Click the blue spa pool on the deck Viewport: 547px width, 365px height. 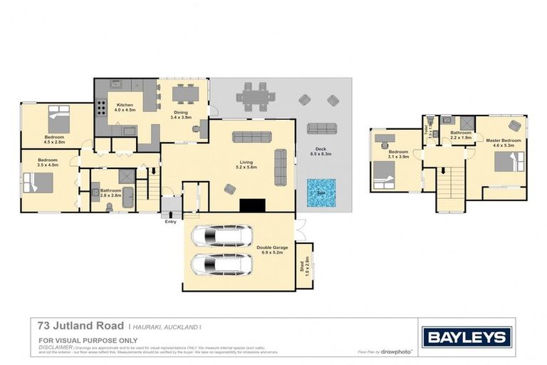321,192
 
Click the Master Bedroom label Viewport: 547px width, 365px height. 504,140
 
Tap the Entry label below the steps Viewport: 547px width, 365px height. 170,222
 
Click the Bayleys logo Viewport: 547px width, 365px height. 467,337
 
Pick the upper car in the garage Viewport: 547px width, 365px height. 222,235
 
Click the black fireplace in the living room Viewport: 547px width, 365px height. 251,205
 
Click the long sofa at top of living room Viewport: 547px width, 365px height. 251,137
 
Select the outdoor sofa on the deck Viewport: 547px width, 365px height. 321,128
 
